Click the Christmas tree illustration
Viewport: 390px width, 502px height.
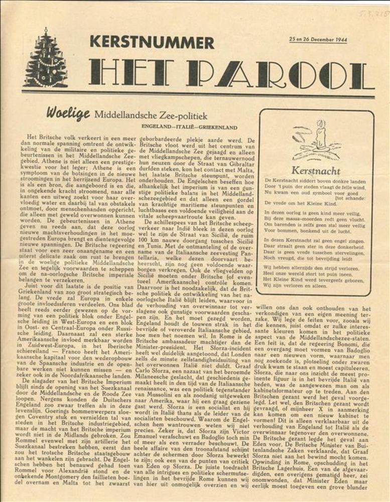click(x=45, y=59)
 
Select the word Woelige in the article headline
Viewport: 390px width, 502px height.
click(x=68, y=113)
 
